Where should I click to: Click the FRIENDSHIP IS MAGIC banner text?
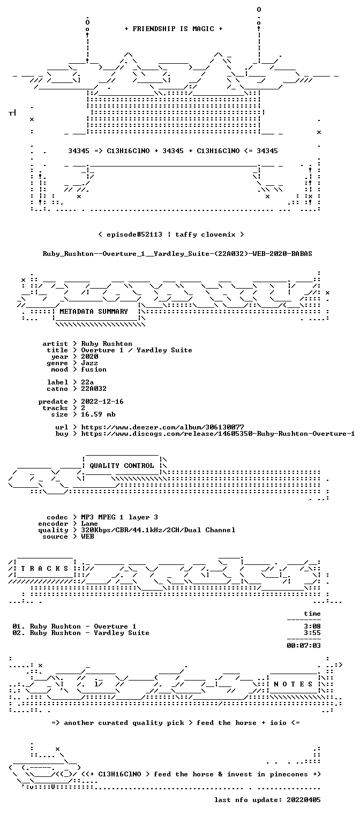[174, 29]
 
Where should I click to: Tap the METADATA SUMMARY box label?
[94, 312]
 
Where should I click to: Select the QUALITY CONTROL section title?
[122, 465]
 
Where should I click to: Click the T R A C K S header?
[44, 568]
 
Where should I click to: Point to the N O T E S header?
[293, 684]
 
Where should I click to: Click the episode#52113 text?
[134, 234]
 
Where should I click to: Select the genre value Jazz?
[89, 363]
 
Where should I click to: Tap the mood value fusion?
[94, 369]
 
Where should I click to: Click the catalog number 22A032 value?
[94, 389]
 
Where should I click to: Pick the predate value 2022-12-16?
[102, 402]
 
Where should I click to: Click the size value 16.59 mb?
[98, 414]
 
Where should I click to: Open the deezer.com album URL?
[162, 427]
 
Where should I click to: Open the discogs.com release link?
[218, 434]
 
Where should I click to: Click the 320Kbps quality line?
[158, 530]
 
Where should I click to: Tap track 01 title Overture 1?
[115, 626]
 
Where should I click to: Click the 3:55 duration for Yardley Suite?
[312, 633]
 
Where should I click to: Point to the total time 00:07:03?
[304, 646]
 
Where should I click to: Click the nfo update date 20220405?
[304, 800]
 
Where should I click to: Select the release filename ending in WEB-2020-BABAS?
[177, 254]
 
